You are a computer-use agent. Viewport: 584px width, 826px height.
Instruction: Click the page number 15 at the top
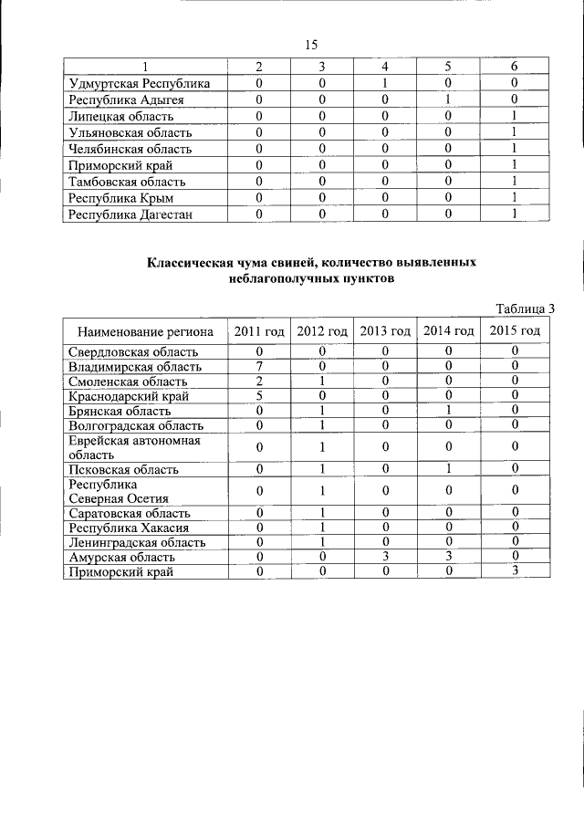(310, 45)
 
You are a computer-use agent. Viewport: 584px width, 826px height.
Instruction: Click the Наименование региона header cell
(145, 330)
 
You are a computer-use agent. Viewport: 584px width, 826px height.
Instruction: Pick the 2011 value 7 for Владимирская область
(259, 366)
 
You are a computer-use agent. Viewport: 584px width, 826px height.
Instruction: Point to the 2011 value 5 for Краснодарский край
(259, 396)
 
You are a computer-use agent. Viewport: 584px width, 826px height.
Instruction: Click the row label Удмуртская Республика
(140, 84)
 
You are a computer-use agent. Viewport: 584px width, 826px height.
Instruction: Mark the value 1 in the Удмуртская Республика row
(385, 84)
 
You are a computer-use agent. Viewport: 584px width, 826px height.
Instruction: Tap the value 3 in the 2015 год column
(515, 571)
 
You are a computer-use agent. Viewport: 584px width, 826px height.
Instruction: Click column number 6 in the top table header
(515, 67)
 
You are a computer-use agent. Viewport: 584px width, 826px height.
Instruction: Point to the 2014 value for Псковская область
(449, 469)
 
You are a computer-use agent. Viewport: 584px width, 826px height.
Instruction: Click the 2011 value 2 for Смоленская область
(259, 382)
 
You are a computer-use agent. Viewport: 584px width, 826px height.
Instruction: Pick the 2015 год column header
(515, 330)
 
